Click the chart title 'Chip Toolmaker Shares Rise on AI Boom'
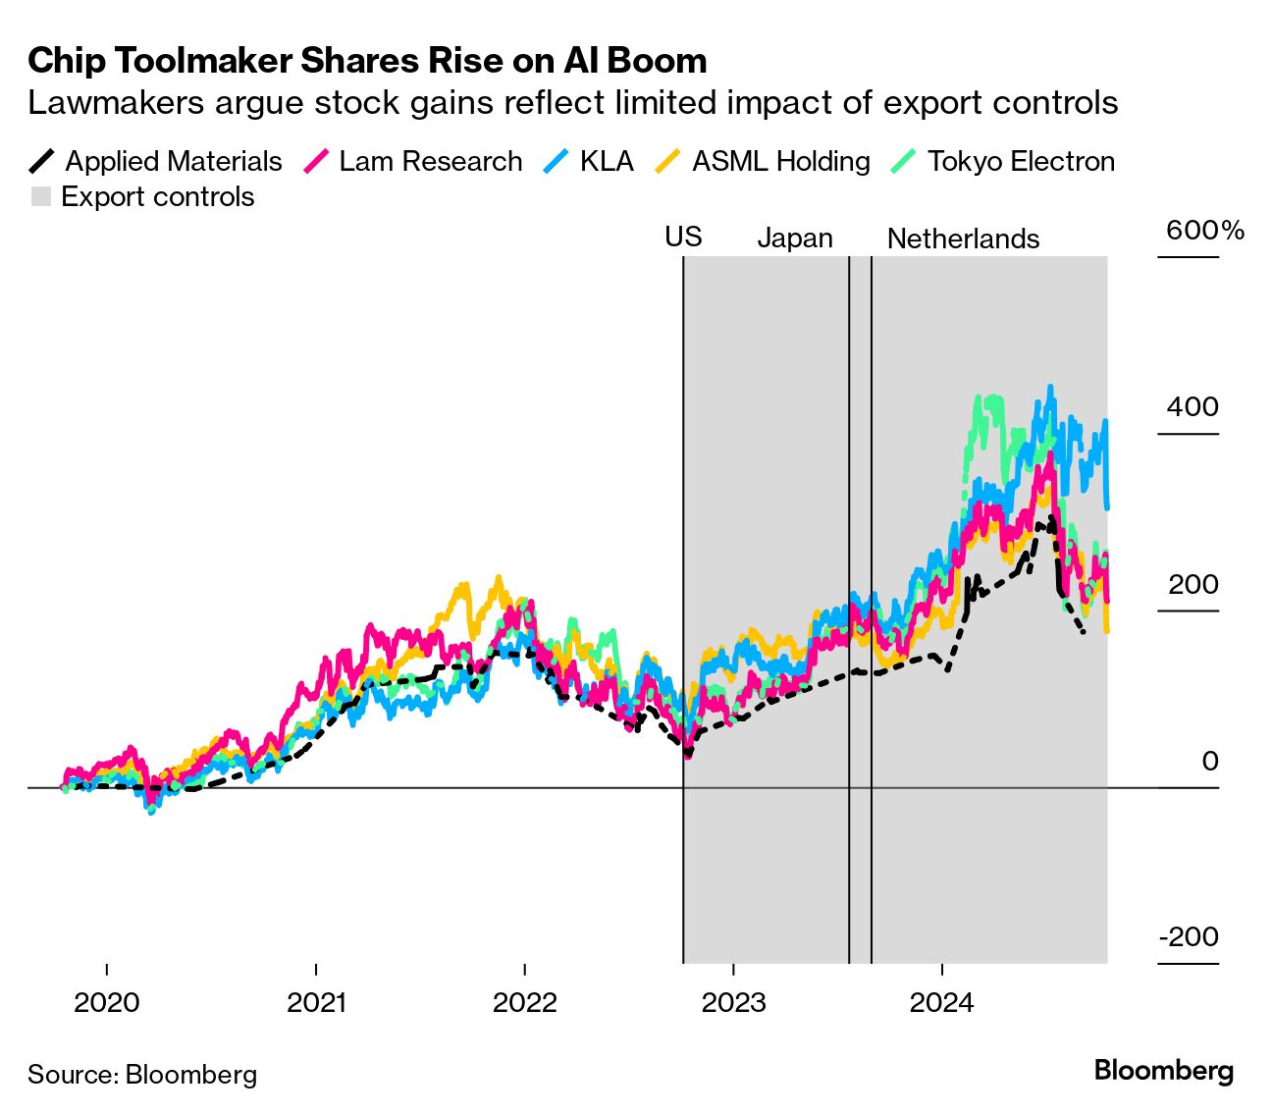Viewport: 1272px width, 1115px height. tap(367, 61)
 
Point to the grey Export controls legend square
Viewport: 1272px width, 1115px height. tap(40, 197)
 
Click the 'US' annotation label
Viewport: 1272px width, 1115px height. tap(683, 237)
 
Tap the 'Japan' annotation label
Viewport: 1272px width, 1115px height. tap(795, 239)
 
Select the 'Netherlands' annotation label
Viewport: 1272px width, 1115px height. tap(963, 239)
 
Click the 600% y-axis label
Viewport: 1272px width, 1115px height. tap(1204, 231)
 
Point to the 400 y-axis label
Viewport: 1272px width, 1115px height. tap(1192, 407)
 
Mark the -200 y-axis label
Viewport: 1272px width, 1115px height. tap(1189, 936)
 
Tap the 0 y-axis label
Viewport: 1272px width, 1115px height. tap(1210, 761)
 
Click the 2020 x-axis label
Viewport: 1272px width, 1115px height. tap(107, 1002)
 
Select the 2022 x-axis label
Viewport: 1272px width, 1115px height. tap(524, 1002)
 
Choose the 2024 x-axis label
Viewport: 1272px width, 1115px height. tap(941, 1002)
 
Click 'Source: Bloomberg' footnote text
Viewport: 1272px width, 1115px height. tap(142, 1075)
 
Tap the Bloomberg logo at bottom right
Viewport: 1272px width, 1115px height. tap(1163, 1070)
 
